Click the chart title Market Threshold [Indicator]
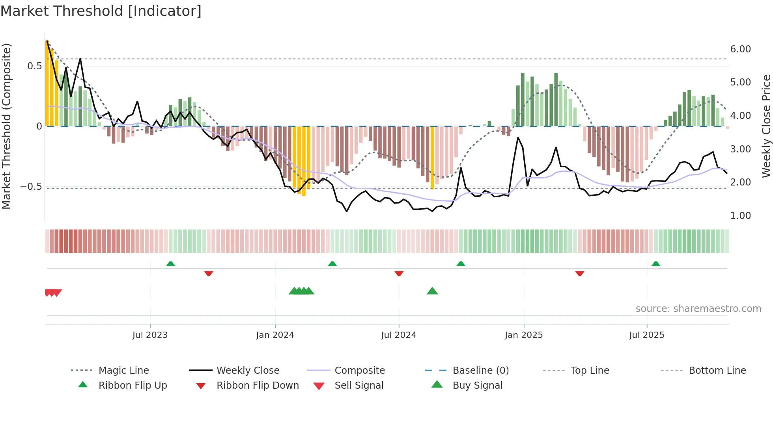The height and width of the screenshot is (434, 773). tap(101, 11)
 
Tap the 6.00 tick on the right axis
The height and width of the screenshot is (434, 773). tap(740, 49)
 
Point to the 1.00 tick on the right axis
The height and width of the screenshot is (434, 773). tap(740, 216)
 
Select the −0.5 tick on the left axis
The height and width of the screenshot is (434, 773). tap(31, 187)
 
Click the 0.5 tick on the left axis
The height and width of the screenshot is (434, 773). tap(34, 66)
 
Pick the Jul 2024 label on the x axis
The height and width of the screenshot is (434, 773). tap(398, 335)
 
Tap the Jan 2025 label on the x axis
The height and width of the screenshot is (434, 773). tap(523, 335)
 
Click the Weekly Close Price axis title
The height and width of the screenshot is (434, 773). tap(766, 126)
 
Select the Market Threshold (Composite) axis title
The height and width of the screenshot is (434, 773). tap(6, 126)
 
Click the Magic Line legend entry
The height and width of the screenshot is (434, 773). tap(123, 371)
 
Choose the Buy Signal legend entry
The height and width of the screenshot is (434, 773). tap(477, 386)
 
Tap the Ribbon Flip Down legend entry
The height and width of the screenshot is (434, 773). tap(258, 386)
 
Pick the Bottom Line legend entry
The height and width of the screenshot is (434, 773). tap(717, 371)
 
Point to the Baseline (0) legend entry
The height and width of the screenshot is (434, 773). tap(480, 371)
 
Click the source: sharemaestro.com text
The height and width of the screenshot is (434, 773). tap(698, 309)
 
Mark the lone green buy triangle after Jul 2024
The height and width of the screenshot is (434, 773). tap(432, 291)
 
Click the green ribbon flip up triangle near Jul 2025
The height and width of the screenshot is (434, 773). tap(655, 264)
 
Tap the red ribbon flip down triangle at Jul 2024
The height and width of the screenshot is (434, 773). tap(399, 273)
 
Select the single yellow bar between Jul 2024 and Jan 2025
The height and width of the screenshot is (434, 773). tap(432, 158)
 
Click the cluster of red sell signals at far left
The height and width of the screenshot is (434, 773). tap(53, 293)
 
